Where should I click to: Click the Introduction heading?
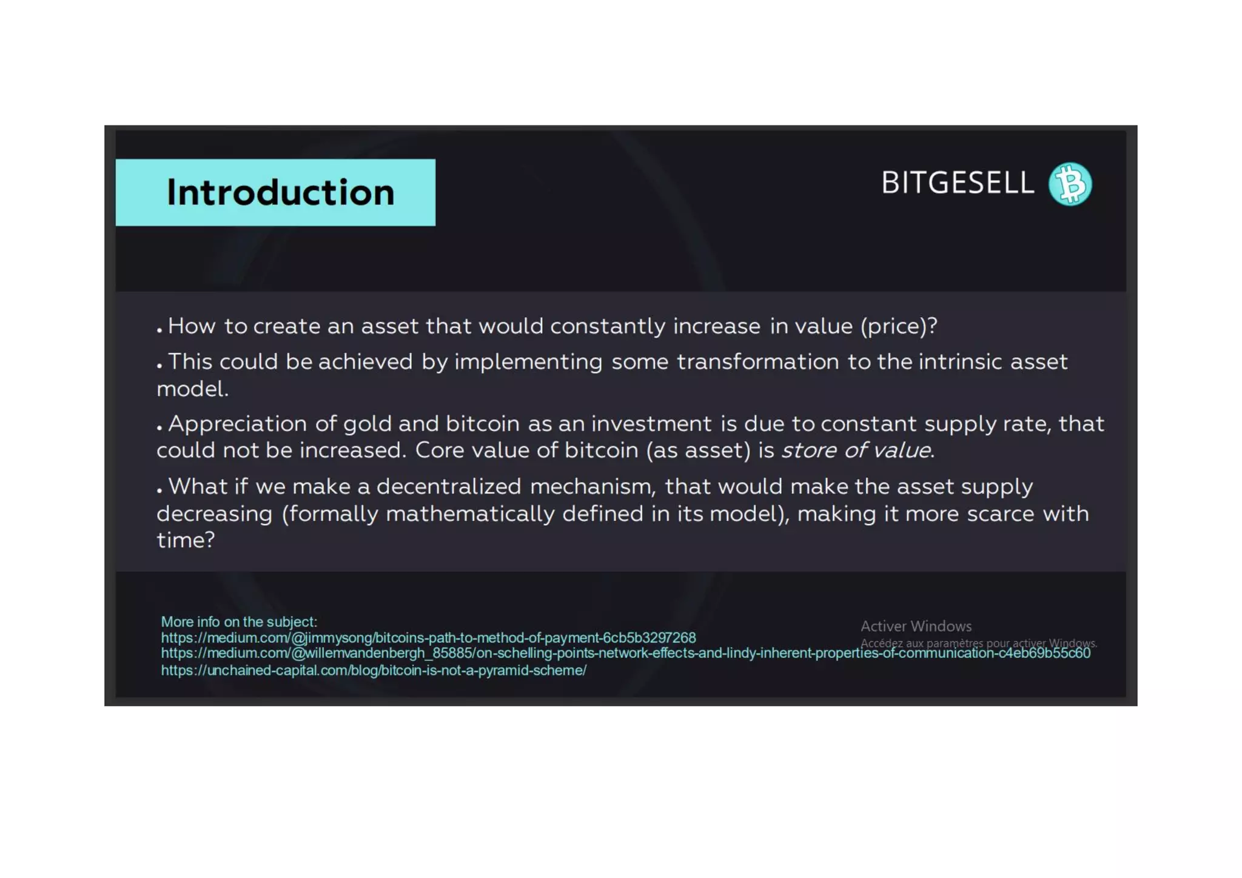(x=280, y=193)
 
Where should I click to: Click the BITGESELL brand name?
(x=957, y=183)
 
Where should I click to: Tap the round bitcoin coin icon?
(x=1070, y=184)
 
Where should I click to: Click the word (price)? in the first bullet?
(x=899, y=327)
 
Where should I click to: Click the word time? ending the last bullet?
(x=186, y=540)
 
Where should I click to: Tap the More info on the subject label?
(x=239, y=622)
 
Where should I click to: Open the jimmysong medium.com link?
(x=428, y=638)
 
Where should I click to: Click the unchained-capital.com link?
(x=374, y=671)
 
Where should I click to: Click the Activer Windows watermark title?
(x=916, y=626)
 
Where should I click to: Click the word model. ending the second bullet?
(x=192, y=389)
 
